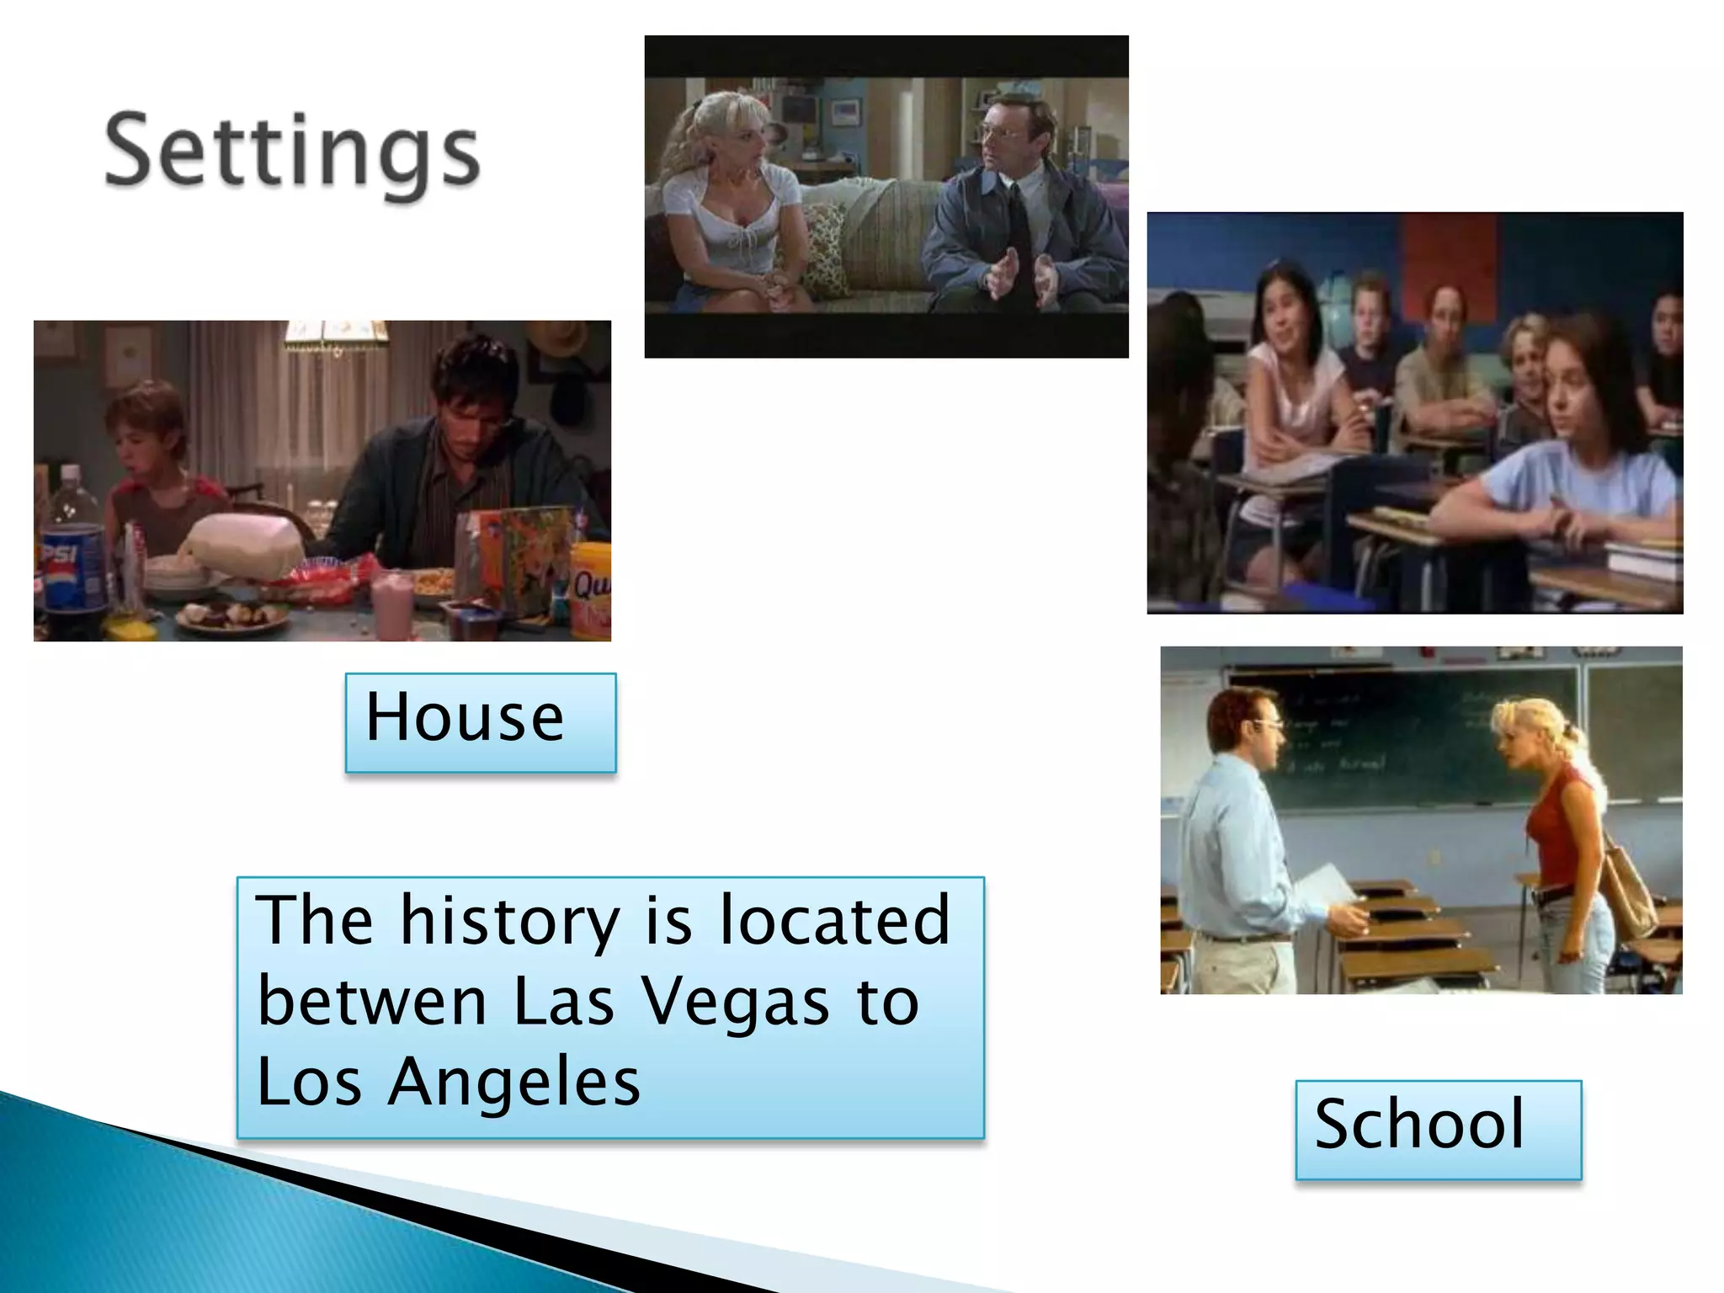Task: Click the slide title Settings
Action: click(x=291, y=153)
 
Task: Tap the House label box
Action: click(x=480, y=721)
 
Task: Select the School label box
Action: click(x=1438, y=1129)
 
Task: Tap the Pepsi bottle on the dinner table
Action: click(x=72, y=556)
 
